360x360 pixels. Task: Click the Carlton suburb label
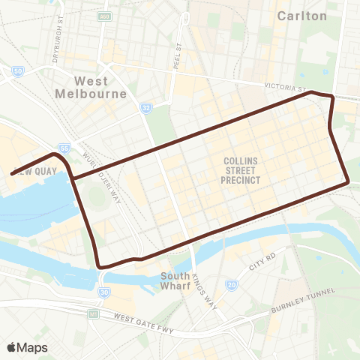tap(302, 15)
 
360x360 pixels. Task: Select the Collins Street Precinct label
tap(241, 169)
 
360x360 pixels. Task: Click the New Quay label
tap(30, 171)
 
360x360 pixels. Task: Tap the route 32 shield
tap(146, 109)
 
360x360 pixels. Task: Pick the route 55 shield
tap(66, 149)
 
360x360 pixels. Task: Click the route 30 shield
tap(104, 291)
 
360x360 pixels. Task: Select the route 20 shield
tap(232, 285)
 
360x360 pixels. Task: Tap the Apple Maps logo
tap(27, 346)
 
